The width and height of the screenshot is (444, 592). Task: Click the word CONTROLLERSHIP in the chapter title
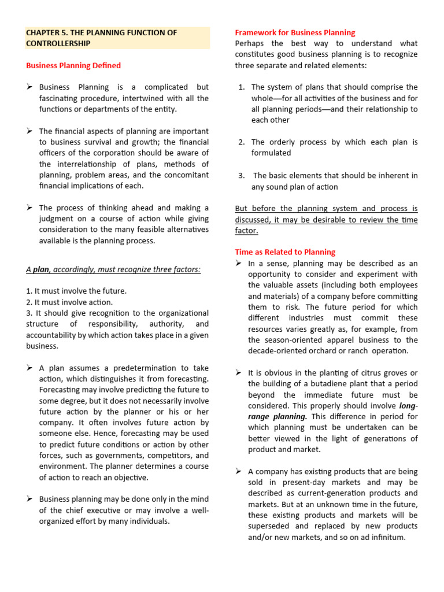point(58,43)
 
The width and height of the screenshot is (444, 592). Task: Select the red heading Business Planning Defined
point(73,65)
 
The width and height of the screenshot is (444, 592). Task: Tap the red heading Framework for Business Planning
point(295,32)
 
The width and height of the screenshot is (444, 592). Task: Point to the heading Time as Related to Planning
point(285,252)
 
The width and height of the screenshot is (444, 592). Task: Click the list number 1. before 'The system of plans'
point(241,87)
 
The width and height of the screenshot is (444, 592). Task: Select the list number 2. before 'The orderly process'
point(241,142)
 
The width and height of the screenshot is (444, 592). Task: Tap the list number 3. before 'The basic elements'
point(241,175)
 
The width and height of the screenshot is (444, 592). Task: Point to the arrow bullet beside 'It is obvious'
point(239,373)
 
